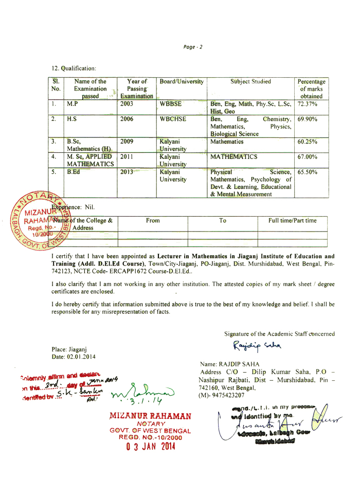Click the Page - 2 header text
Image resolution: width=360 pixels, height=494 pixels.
[x=193, y=47]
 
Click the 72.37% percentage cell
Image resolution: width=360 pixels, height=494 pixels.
[x=307, y=104]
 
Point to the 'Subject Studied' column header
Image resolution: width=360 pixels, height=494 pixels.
[x=250, y=81]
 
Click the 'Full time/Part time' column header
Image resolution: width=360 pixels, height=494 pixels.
[x=293, y=220]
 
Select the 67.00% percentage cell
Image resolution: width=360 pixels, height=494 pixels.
[x=308, y=156]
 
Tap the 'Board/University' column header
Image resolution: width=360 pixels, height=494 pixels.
[x=182, y=81]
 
